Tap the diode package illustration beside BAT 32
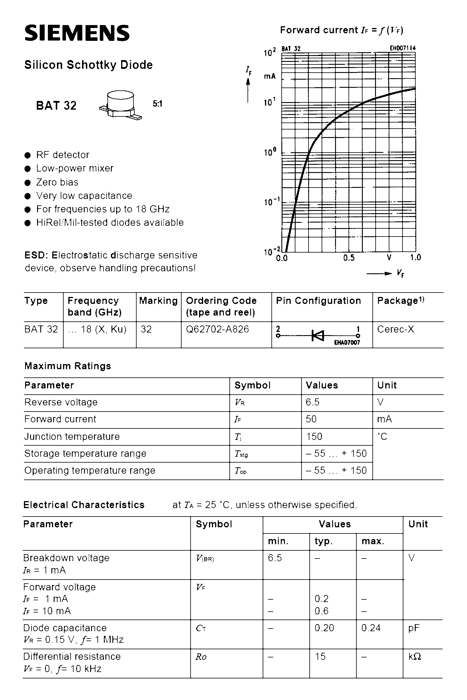120,105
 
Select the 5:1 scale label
157,104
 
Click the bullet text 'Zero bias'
57,182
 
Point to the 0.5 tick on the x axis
349,258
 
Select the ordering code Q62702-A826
217,329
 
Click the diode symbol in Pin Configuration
318,335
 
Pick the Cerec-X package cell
395,329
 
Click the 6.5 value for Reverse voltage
312,402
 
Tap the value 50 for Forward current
311,419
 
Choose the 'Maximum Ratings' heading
68,366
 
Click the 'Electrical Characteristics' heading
84,505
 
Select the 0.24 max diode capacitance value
371,628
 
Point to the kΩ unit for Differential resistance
414,656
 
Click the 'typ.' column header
323,541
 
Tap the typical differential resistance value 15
320,656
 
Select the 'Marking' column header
158,301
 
